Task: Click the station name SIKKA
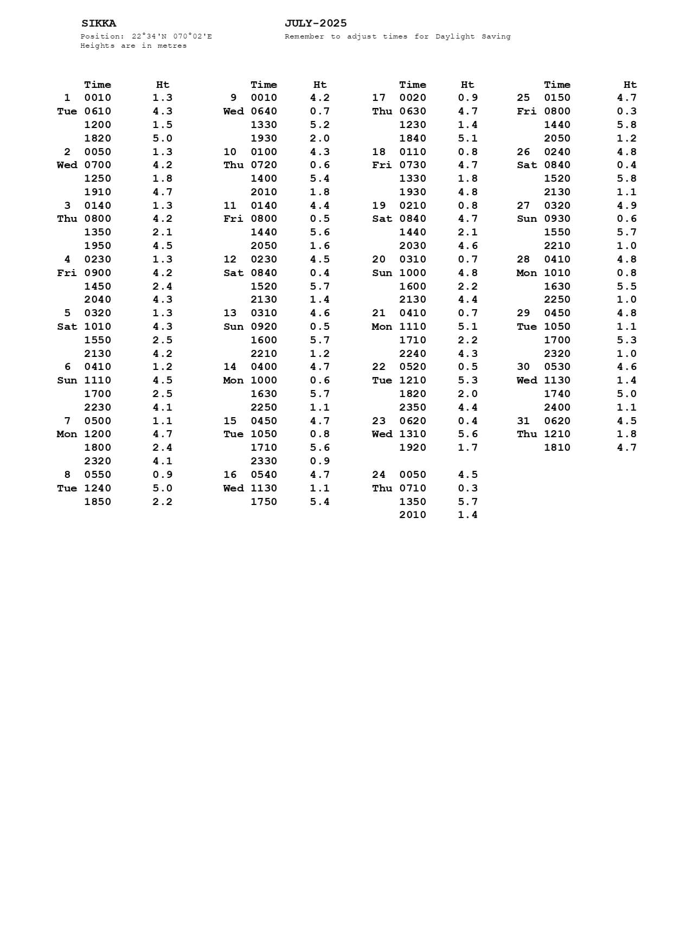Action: click(99, 23)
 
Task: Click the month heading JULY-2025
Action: click(316, 23)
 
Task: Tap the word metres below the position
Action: click(172, 46)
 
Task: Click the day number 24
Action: click(379, 475)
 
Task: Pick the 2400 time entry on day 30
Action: click(557, 407)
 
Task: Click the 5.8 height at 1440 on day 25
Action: click(626, 125)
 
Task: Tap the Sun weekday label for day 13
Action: click(233, 327)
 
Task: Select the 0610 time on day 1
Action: click(98, 111)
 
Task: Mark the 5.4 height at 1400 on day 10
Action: click(319, 178)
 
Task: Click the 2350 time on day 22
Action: click(413, 407)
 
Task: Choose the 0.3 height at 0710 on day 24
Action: click(467, 488)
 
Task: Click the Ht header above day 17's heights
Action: click(467, 85)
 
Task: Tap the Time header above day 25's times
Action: click(557, 85)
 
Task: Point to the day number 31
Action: click(523, 421)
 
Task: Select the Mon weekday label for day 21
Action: click(382, 327)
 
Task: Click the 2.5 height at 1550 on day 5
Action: click(162, 340)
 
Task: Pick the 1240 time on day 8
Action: click(98, 488)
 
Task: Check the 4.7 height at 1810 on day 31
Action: click(626, 448)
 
